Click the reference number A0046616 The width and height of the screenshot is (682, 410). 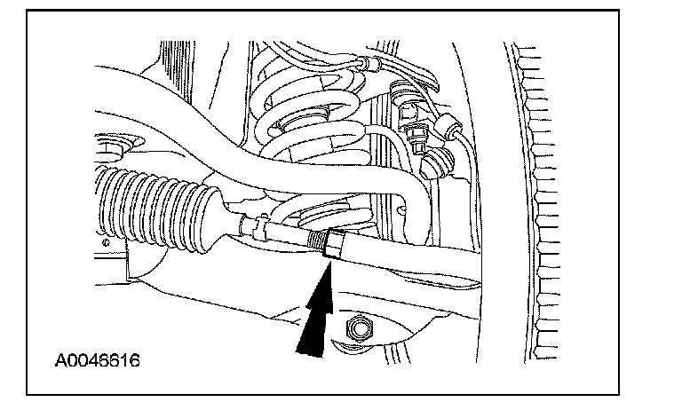click(98, 362)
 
